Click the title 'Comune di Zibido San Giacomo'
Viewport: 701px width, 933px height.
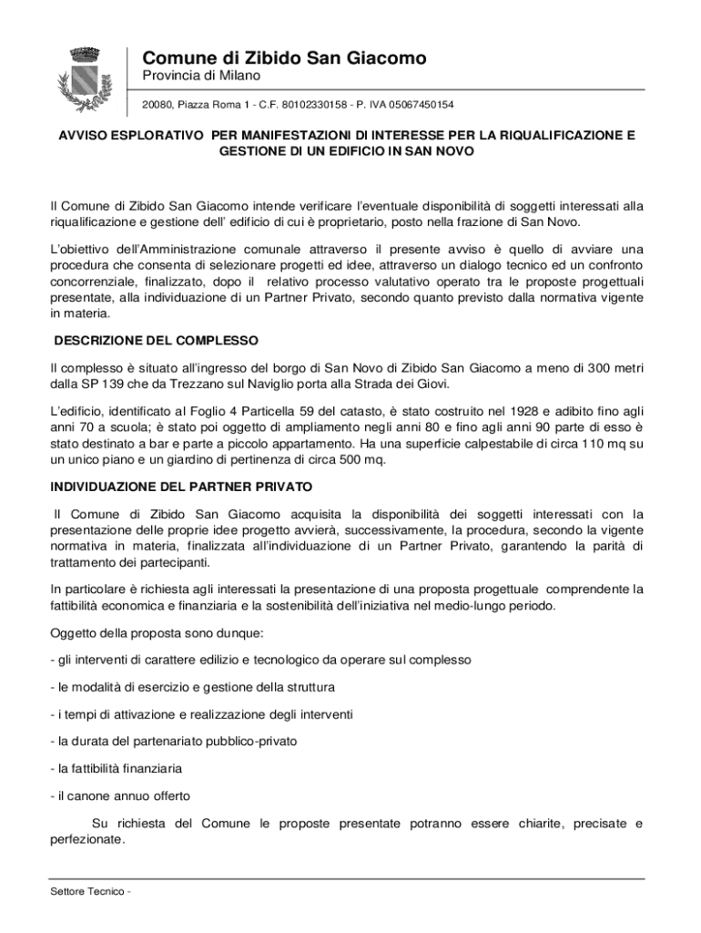tap(283, 58)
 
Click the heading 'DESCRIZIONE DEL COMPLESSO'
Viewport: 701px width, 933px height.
tap(157, 341)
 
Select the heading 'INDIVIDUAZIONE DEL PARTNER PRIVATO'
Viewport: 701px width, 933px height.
tap(181, 487)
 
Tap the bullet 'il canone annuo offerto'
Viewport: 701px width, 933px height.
tap(120, 795)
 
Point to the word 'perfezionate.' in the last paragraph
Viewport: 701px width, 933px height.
tap(87, 840)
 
